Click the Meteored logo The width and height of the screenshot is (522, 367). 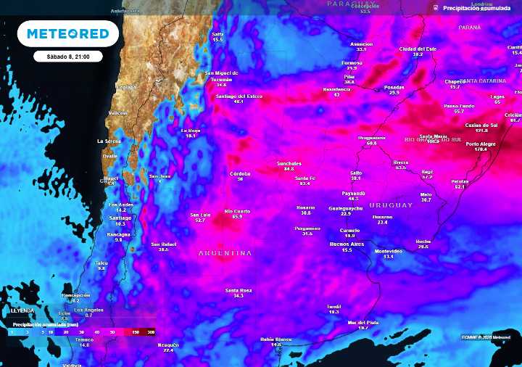click(67, 33)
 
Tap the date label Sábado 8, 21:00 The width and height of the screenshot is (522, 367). click(67, 56)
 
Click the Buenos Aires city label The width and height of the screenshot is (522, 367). click(347, 244)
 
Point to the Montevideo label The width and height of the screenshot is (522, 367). click(388, 251)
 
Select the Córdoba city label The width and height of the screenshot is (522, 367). click(240, 173)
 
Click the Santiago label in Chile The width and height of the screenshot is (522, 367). click(120, 218)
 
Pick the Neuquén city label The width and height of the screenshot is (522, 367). click(168, 345)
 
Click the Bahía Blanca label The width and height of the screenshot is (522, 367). click(276, 339)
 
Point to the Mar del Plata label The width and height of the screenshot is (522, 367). click(363, 322)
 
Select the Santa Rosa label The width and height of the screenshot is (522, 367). click(239, 290)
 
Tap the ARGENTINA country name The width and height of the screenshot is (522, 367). click(225, 253)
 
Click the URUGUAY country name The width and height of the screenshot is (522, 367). click(393, 205)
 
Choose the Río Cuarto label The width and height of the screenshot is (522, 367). click(237, 211)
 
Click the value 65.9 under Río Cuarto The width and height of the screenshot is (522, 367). click(237, 216)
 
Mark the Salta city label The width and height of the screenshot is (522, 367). click(217, 34)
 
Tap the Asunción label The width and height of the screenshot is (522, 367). click(361, 44)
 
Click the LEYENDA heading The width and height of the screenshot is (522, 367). click(22, 310)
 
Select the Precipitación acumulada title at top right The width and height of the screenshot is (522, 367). click(476, 8)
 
